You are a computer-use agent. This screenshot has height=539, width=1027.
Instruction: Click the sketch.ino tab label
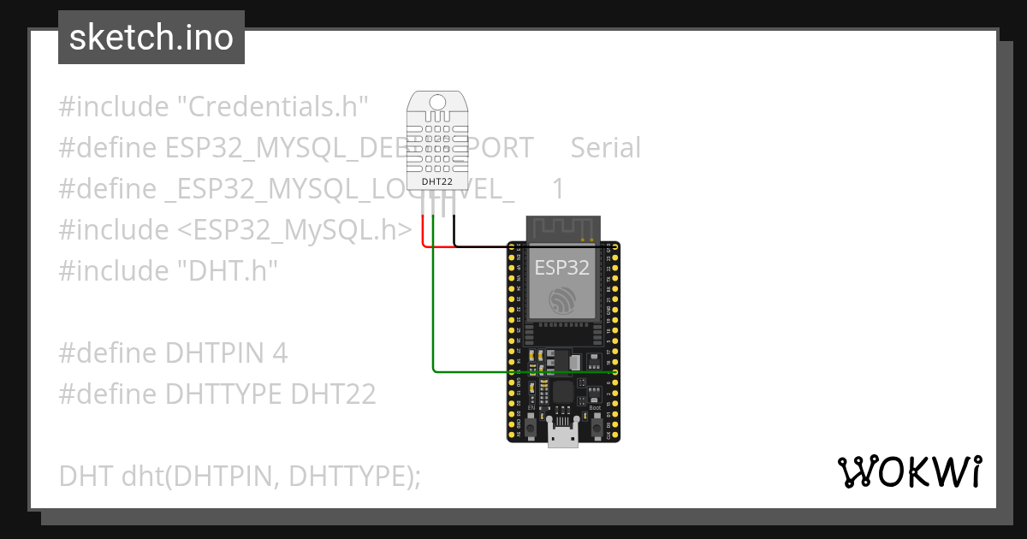tap(151, 38)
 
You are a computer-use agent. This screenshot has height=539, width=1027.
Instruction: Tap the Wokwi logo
tap(909, 471)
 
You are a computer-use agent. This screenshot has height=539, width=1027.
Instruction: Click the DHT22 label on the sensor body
tap(437, 182)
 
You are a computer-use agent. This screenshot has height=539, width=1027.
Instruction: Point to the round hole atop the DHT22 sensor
tap(437, 103)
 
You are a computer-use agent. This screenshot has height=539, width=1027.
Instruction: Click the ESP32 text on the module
tap(561, 267)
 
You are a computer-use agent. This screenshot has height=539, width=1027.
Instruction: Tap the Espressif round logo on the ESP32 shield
tap(562, 300)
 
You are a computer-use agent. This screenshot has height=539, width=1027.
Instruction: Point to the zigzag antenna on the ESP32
tap(562, 228)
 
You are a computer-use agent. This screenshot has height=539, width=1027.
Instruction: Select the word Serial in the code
tap(605, 148)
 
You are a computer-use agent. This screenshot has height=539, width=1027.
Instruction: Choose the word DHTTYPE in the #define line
tap(223, 394)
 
